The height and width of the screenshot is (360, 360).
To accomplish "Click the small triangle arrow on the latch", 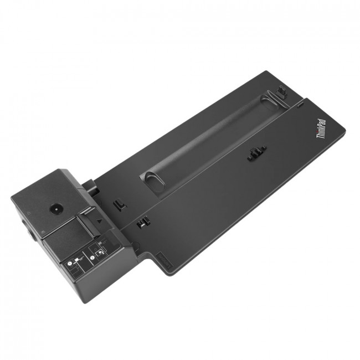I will click(x=99, y=221).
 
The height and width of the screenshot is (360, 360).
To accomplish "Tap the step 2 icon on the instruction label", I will click(x=100, y=250).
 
